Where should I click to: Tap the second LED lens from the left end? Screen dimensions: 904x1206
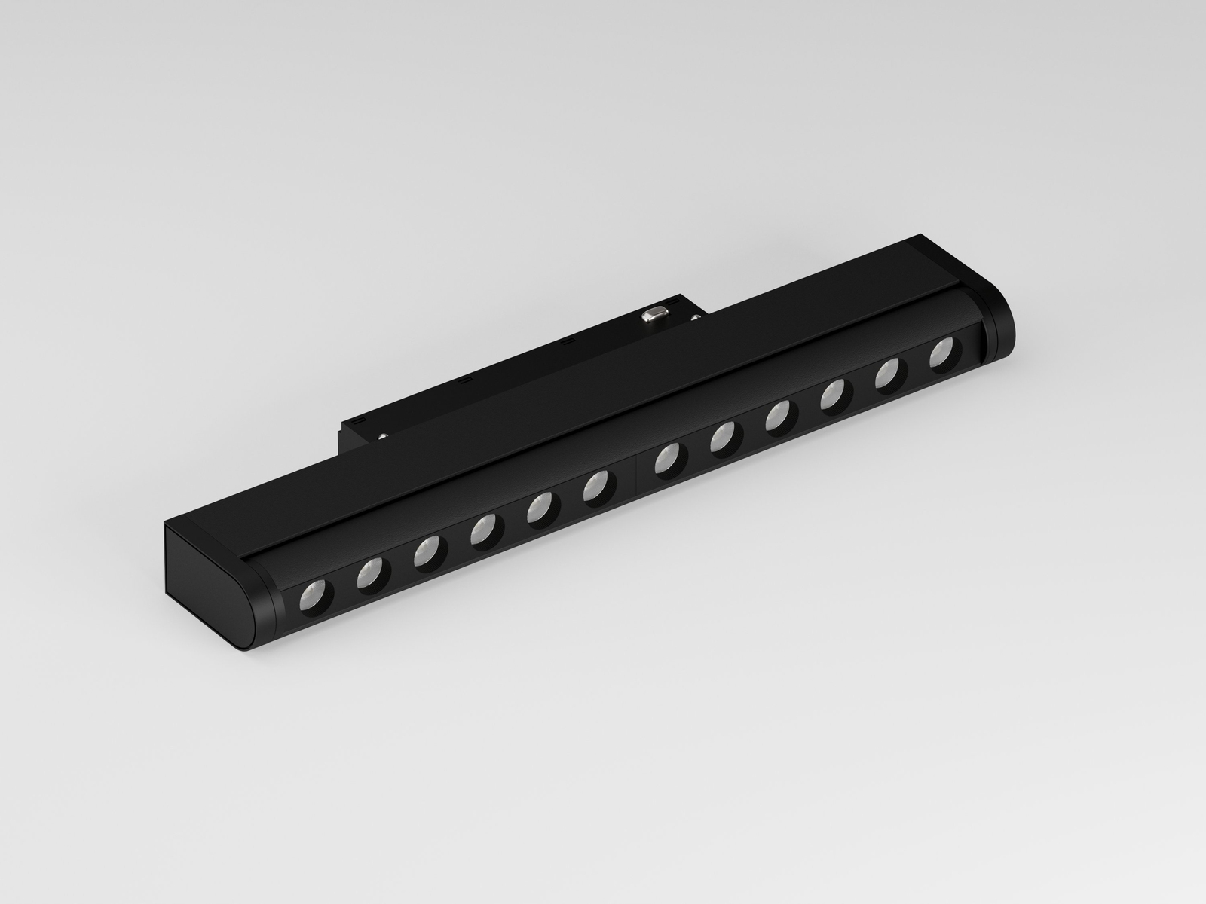[369, 574]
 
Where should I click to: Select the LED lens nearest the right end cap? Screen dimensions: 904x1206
[943, 353]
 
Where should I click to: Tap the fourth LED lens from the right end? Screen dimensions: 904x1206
[779, 416]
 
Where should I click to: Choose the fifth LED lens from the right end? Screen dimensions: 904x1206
[724, 437]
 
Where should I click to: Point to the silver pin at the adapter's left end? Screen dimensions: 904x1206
[385, 435]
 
